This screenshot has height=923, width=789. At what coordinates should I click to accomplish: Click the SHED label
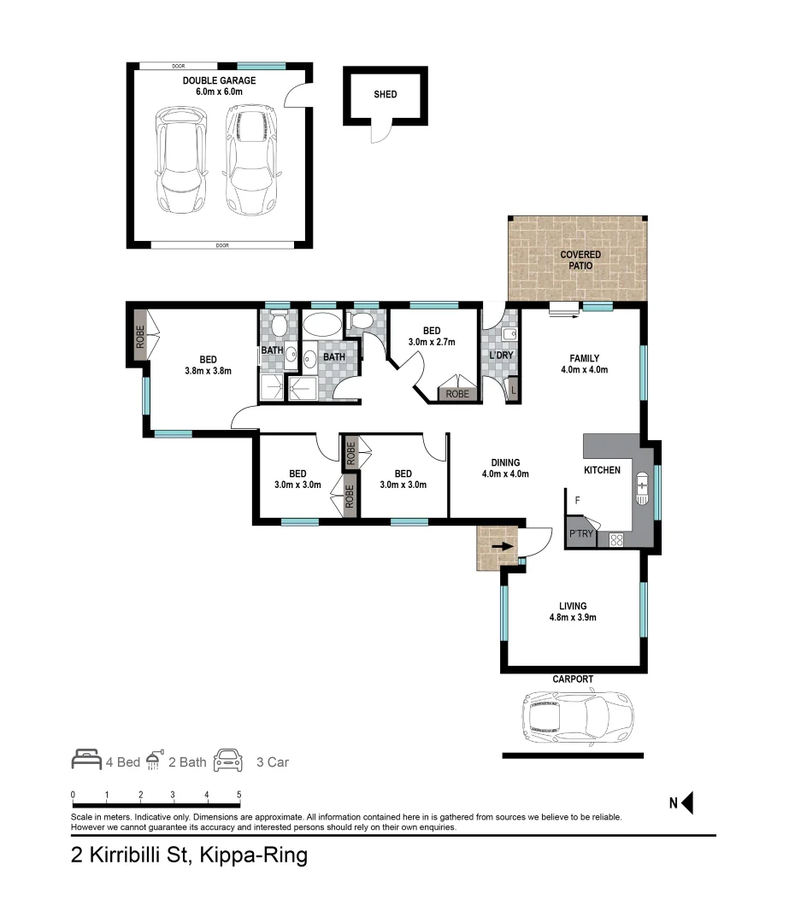[386, 94]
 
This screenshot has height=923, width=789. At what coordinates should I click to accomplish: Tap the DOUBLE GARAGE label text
[219, 81]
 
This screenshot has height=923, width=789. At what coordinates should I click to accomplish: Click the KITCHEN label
[602, 470]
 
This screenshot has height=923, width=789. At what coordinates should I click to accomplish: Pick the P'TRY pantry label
[580, 535]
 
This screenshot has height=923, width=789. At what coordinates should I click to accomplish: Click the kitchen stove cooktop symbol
[615, 539]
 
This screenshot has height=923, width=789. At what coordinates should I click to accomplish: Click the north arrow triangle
[686, 802]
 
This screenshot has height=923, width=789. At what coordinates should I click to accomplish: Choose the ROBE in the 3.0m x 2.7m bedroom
[457, 394]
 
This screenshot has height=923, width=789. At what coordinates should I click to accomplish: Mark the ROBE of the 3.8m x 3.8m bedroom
[140, 338]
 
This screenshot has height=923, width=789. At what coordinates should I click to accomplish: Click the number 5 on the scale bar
[238, 795]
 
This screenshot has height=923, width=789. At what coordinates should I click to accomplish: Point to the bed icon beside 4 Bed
[85, 761]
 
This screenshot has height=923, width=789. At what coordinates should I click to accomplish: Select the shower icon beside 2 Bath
[154, 760]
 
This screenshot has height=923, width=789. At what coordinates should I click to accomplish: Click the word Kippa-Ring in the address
[253, 855]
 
